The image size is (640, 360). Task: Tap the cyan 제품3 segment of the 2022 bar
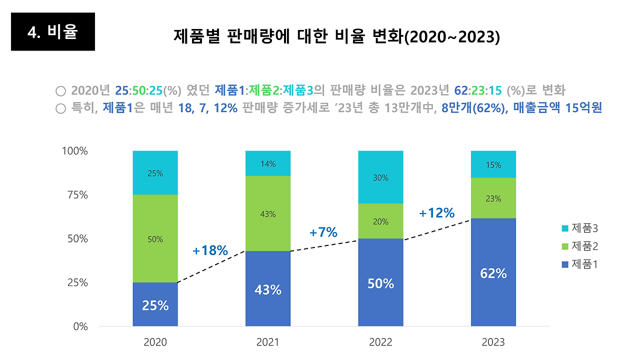tap(380, 177)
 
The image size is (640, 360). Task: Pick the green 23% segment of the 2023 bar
tap(493, 198)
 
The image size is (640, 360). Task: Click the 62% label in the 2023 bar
tap(493, 273)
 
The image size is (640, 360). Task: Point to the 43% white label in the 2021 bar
tap(267, 289)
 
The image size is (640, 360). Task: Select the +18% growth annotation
tap(210, 250)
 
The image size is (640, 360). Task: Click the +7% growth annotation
tap(323, 232)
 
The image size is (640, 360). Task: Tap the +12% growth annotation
tap(436, 213)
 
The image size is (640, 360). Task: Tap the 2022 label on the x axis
tap(380, 342)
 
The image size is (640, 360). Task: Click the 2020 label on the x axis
tap(155, 342)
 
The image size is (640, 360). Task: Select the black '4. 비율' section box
tap(53, 32)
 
